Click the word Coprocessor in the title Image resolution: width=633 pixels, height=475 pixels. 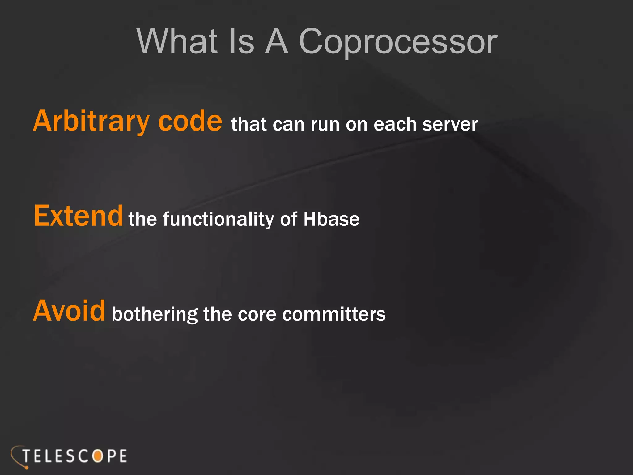pyautogui.click(x=398, y=42)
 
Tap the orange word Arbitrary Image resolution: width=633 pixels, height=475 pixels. pyautogui.click(x=91, y=122)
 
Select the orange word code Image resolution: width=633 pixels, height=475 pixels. pyautogui.click(x=190, y=122)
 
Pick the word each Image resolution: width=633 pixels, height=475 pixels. pyautogui.click(x=395, y=125)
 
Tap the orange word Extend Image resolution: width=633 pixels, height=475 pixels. pyautogui.click(x=78, y=216)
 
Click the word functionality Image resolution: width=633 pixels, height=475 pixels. pyautogui.click(x=218, y=220)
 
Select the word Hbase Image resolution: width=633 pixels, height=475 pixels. pyautogui.click(x=331, y=220)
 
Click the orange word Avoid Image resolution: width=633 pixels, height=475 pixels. pyautogui.click(x=69, y=311)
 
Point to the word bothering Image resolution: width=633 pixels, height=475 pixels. pyautogui.click(x=155, y=315)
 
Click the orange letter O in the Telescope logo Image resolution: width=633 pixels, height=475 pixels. pyautogui.click(x=98, y=456)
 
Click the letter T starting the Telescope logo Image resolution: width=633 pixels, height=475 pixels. pyautogui.click(x=27, y=456)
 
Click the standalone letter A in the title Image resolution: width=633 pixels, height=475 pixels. pyautogui.click(x=277, y=42)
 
